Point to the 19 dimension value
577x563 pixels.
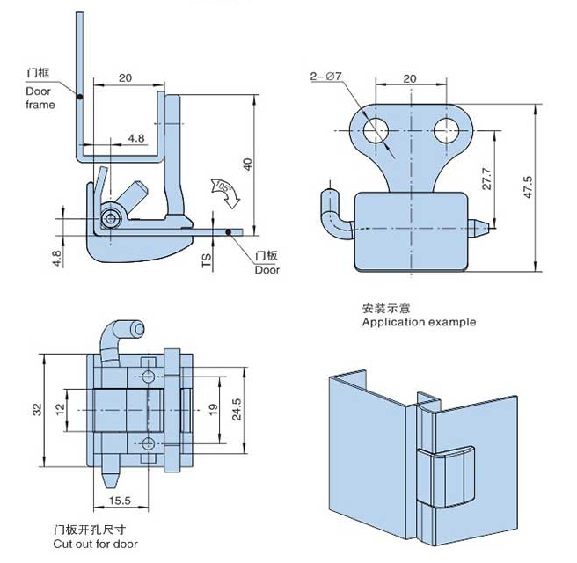212,411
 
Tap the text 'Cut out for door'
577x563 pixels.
95,545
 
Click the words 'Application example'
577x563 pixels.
419,322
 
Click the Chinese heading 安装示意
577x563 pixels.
386,308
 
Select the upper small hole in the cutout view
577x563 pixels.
147,377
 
